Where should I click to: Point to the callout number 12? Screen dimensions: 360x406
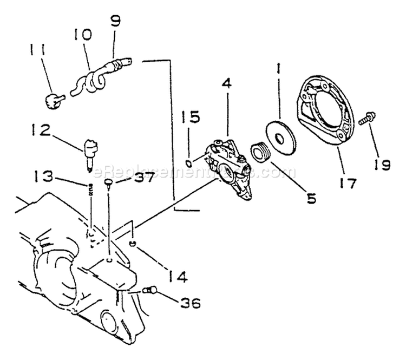(x=41, y=130)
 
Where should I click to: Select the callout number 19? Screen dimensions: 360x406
(x=382, y=163)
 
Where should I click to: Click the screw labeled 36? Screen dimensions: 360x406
(x=149, y=291)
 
